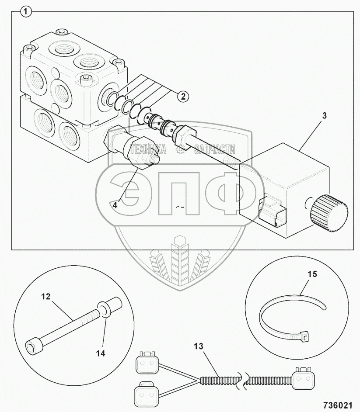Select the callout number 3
click(324, 116)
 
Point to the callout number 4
click(115, 204)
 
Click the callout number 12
click(46, 297)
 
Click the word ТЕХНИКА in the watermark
click(149, 150)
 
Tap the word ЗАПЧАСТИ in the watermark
click(214, 149)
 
